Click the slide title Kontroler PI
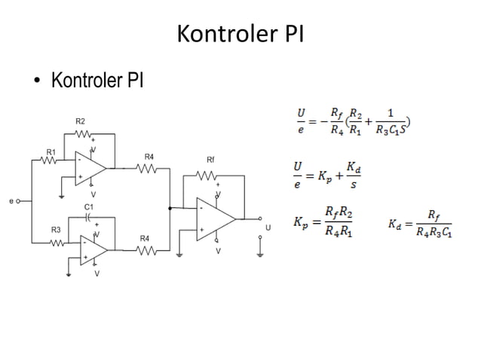(x=240, y=34)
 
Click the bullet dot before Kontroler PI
(x=35, y=81)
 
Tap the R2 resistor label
(x=80, y=121)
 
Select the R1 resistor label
(x=51, y=151)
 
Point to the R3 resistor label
(x=55, y=229)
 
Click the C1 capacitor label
(x=88, y=206)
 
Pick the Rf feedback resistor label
(x=210, y=160)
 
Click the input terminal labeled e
(x=9, y=201)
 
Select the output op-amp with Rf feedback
(x=214, y=218)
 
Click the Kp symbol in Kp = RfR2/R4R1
(x=300, y=223)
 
